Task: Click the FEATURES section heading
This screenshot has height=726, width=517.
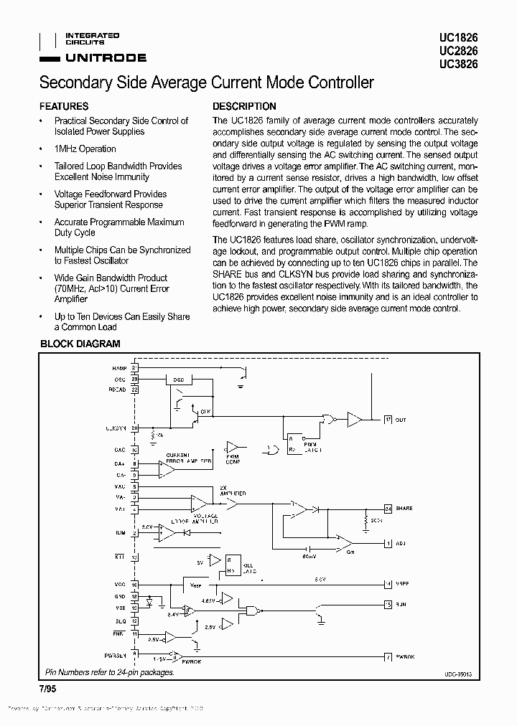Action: (x=64, y=105)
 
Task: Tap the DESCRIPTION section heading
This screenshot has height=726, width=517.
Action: (x=244, y=105)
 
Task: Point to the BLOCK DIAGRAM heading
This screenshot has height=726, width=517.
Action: (x=80, y=344)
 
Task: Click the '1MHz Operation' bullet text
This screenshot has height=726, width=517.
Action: (x=85, y=148)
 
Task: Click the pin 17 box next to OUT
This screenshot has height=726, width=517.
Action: (x=388, y=419)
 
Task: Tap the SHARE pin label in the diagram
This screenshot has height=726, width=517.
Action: (x=404, y=508)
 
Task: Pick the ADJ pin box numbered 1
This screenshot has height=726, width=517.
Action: (x=388, y=544)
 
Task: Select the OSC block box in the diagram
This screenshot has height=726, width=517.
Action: (x=179, y=379)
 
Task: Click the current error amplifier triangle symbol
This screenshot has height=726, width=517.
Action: (x=167, y=469)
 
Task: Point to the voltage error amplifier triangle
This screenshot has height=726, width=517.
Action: (x=197, y=503)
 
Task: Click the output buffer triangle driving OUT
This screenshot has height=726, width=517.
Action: (x=354, y=419)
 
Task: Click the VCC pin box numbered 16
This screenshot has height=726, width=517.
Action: (x=134, y=585)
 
